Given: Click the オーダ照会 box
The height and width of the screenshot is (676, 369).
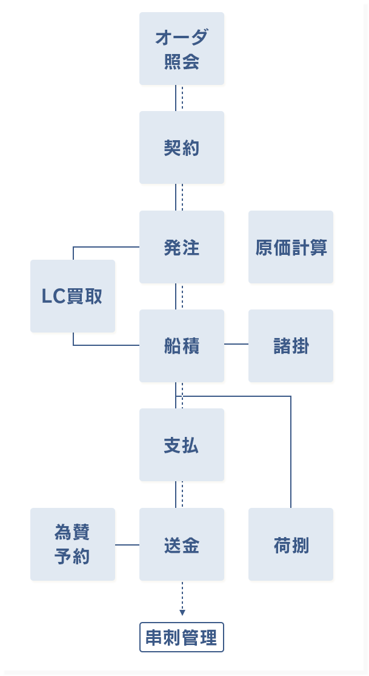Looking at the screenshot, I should coord(182,49).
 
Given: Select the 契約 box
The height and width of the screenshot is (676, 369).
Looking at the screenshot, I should coord(182,147).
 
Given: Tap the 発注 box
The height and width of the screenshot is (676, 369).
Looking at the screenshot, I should coord(182,247).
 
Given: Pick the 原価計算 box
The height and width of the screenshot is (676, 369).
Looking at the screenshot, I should coord(291,247).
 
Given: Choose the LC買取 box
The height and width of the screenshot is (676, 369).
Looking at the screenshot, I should coord(73,296).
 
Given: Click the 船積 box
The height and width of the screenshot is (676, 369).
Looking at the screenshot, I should coord(182,346).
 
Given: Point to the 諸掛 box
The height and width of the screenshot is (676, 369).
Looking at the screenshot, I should coord(291,346).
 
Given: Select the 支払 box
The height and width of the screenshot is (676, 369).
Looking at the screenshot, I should coord(182,445).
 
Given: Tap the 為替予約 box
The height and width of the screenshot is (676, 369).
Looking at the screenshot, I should coord(73,544).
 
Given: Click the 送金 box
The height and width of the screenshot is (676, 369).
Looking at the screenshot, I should coord(182,544).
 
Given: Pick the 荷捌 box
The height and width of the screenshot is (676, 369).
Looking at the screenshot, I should coord(291,544).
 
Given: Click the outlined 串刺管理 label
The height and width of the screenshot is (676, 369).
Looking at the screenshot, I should coord(182,637).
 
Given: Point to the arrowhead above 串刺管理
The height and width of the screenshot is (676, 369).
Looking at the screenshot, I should coord(182,612).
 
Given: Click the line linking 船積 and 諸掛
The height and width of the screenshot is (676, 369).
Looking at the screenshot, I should coord(236,344).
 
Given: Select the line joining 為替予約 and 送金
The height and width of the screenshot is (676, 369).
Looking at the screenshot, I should coord(127,545).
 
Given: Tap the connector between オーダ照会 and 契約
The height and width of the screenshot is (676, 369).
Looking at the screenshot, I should coord(176,98).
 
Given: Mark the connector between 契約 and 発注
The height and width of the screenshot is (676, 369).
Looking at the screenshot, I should coord(176,197).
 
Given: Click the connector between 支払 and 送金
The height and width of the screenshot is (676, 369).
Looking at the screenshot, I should coord(176,495).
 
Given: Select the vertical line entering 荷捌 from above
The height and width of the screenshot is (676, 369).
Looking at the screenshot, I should coord(291,455).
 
